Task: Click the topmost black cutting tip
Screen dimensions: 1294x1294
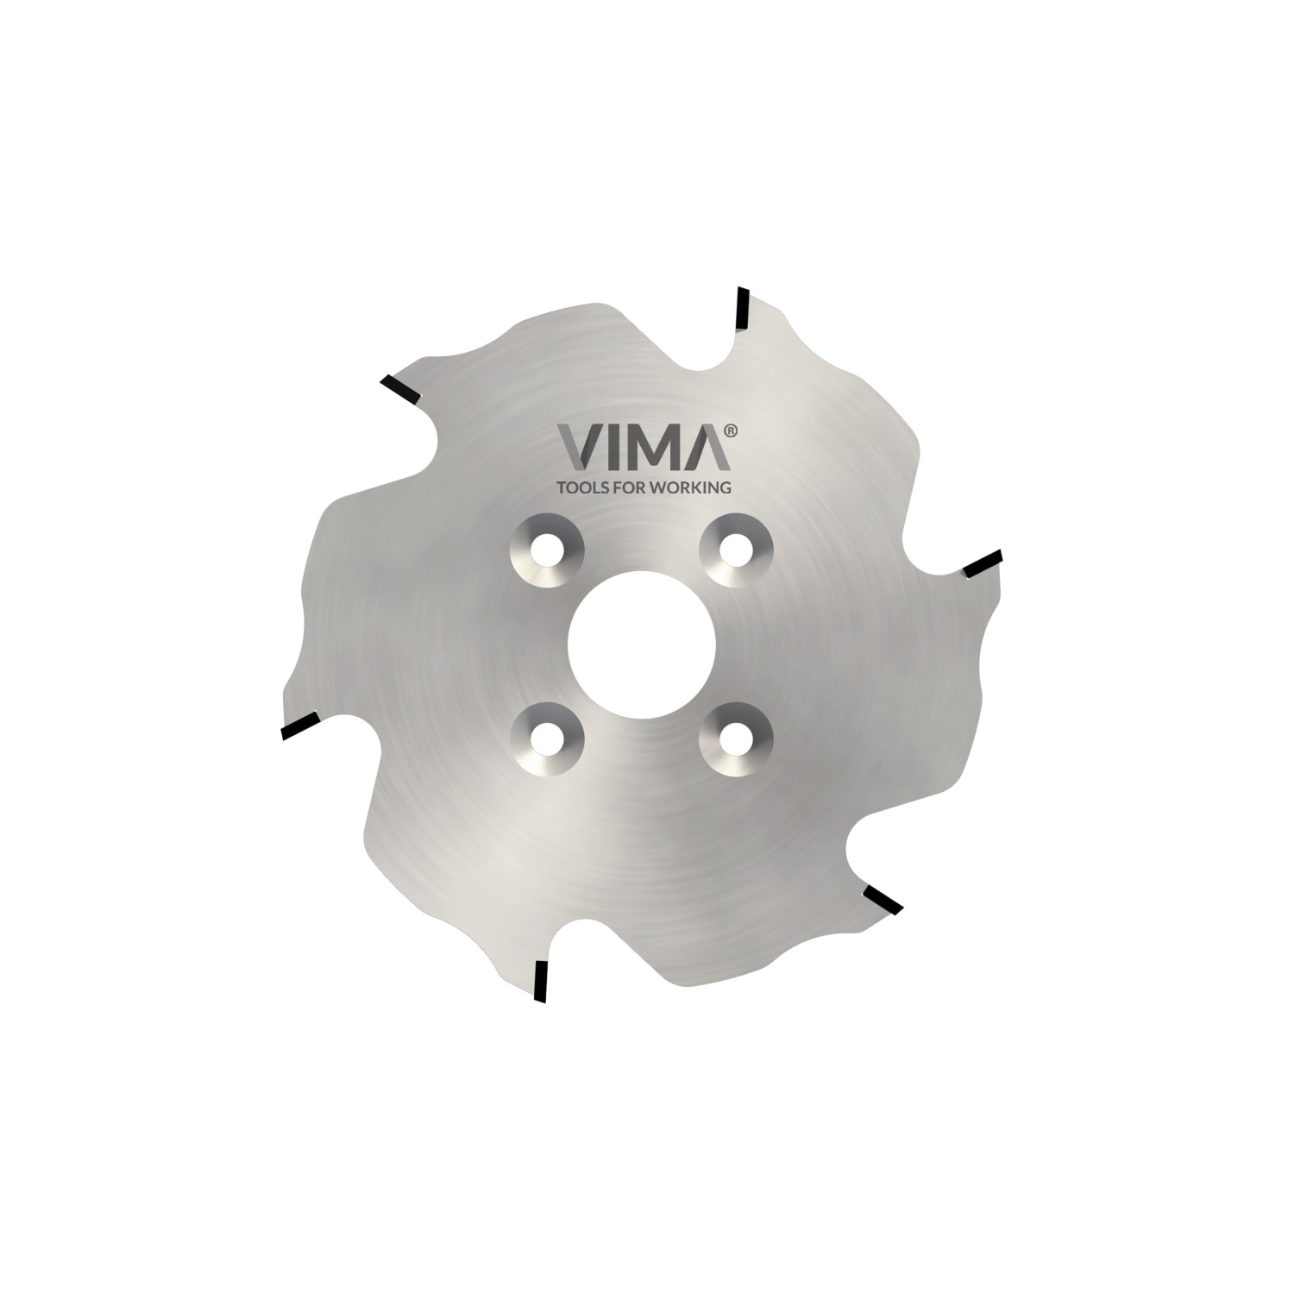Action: [741, 309]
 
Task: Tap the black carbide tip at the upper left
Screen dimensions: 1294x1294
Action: [399, 389]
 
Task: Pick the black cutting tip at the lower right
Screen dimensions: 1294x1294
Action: [883, 899]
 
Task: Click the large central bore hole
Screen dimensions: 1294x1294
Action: [641, 642]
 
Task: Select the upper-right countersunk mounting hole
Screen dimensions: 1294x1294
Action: [736, 549]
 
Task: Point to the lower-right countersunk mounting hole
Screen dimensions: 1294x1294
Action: [736, 736]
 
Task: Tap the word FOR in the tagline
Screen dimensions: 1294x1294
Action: [634, 487]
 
